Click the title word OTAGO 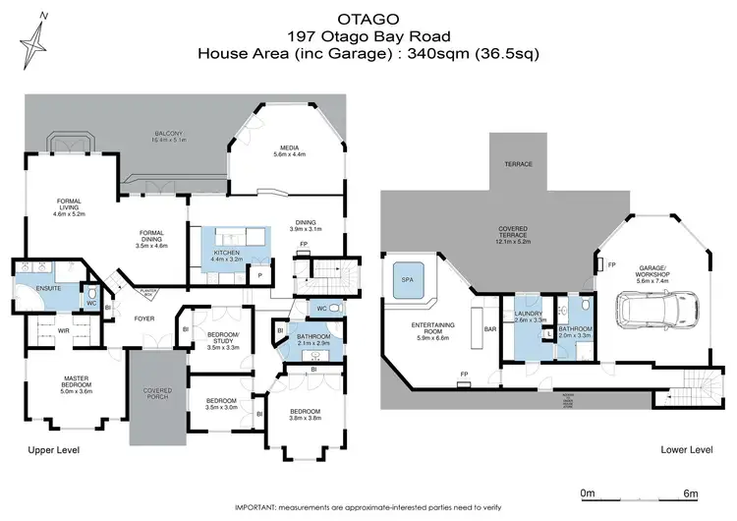tap(368, 17)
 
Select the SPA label tap(407, 280)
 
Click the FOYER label tap(145, 318)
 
